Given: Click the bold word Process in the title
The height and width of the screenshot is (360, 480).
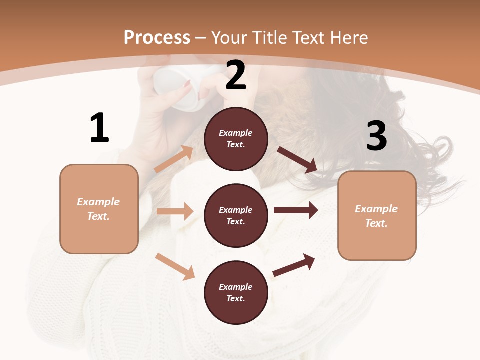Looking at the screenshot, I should click(x=157, y=38).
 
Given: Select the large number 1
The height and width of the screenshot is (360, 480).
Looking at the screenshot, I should click(x=99, y=128).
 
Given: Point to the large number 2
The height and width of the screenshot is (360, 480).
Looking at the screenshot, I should click(x=236, y=75).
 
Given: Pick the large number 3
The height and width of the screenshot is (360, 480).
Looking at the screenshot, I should click(x=376, y=136).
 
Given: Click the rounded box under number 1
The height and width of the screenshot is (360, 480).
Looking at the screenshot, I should click(x=99, y=209).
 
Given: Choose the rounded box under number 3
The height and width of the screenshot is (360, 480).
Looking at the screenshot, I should click(x=377, y=216).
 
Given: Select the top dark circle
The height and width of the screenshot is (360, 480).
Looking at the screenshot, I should click(x=236, y=139).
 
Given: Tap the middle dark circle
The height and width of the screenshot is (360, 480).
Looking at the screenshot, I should click(x=236, y=216).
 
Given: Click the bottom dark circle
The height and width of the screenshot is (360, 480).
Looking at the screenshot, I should click(x=236, y=293).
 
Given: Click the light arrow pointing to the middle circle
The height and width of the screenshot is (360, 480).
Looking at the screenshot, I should click(x=175, y=211).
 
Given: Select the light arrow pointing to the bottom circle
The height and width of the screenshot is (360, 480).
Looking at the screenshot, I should click(x=175, y=266).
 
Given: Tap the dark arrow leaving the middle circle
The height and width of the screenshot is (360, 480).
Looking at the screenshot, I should click(x=296, y=210).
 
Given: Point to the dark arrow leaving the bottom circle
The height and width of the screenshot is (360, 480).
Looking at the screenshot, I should click(x=294, y=265).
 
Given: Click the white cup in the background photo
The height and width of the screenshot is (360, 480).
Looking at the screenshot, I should click(x=177, y=87).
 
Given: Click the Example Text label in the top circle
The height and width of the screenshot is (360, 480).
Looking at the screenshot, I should click(x=236, y=139).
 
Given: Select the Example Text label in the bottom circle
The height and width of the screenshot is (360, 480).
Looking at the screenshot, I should click(x=236, y=293).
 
